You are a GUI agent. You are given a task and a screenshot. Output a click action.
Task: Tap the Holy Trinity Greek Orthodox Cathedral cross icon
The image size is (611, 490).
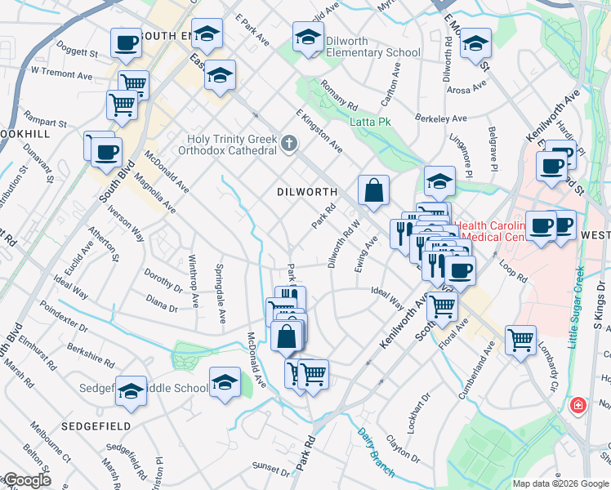coord(288,145)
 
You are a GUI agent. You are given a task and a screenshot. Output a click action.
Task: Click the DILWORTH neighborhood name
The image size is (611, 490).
coord(306,192)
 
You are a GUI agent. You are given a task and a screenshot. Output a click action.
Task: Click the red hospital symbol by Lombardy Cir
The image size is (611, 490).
coord(578,405)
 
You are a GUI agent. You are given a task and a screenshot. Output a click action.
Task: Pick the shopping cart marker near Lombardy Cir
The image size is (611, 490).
coord(520,339)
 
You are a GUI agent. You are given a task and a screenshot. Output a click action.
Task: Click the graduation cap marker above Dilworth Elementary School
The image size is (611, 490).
coord(308,37)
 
